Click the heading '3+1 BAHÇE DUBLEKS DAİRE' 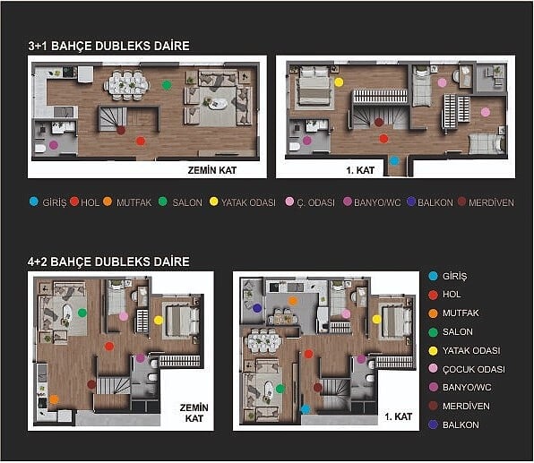[109, 46]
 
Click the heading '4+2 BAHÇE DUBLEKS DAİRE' [108, 262]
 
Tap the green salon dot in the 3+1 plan [167, 85]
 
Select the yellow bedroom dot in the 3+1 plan [339, 82]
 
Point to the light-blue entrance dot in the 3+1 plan [394, 160]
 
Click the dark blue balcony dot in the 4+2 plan [257, 308]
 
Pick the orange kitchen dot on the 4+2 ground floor [54, 399]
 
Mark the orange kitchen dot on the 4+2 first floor [293, 301]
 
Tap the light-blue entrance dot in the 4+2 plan [306, 409]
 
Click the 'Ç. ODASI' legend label [315, 202]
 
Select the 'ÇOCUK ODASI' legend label [474, 369]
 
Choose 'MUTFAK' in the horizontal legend [133, 202]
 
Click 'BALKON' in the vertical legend [461, 424]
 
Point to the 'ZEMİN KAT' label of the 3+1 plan [212, 170]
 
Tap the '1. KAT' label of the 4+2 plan [399, 416]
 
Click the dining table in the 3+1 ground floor [126, 85]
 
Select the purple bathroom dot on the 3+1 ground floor [54, 145]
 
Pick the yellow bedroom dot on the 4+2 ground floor [159, 320]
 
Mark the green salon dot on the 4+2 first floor [280, 389]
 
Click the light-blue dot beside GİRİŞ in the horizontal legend [34, 201]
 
